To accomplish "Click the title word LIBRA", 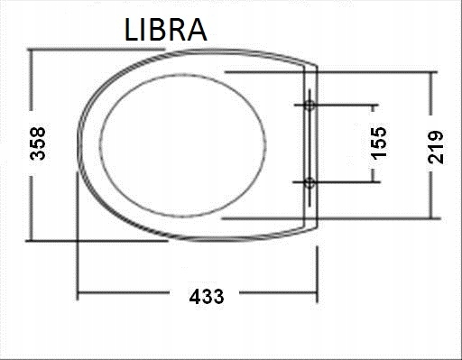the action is point(165,30).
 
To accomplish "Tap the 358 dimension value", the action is point(38,143).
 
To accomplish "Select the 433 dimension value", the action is point(207,296).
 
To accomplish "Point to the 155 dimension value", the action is point(378,143).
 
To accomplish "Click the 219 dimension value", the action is point(436,147).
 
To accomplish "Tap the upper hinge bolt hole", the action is point(310,106).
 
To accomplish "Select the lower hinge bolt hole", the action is point(310,182).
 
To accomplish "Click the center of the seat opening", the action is point(183,144).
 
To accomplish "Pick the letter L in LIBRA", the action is point(131,30).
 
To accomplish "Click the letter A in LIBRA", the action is point(197,30).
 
